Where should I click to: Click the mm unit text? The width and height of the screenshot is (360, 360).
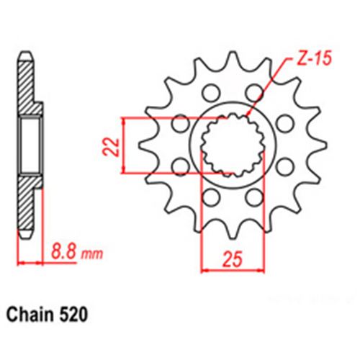(91, 254)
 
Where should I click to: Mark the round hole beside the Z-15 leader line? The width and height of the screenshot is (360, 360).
(254, 92)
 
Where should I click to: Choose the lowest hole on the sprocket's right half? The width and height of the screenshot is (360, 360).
(253, 197)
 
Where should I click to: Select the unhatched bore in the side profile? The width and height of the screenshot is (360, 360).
(31, 146)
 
